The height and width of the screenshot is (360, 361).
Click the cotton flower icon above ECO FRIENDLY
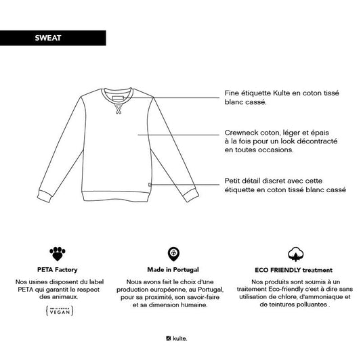point(296,254)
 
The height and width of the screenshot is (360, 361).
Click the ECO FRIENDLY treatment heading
point(296,269)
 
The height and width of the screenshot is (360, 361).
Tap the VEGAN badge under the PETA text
point(59,311)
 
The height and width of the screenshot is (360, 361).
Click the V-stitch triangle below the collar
point(116,110)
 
